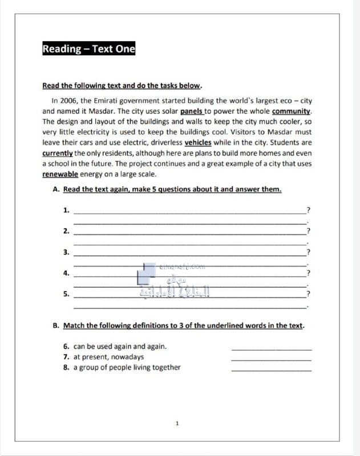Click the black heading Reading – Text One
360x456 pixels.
[x=89, y=49]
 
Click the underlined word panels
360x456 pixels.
[x=192, y=111]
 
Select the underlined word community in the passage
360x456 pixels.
[x=292, y=111]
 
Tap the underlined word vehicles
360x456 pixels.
[x=198, y=142]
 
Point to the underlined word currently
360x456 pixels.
[x=58, y=153]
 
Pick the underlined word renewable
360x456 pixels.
[x=60, y=174]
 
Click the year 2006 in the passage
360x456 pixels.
[x=69, y=101]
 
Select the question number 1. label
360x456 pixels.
[x=66, y=210]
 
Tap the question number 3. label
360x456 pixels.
[x=66, y=252]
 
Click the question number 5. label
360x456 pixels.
[x=66, y=294]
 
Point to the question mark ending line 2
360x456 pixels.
[x=308, y=231]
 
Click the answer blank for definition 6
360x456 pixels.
[x=272, y=347]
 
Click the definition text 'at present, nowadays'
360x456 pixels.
[x=108, y=357]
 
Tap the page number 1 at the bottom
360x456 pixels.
[x=177, y=424]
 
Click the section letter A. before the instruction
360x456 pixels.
[x=56, y=189]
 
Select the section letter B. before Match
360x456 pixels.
[x=56, y=326]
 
